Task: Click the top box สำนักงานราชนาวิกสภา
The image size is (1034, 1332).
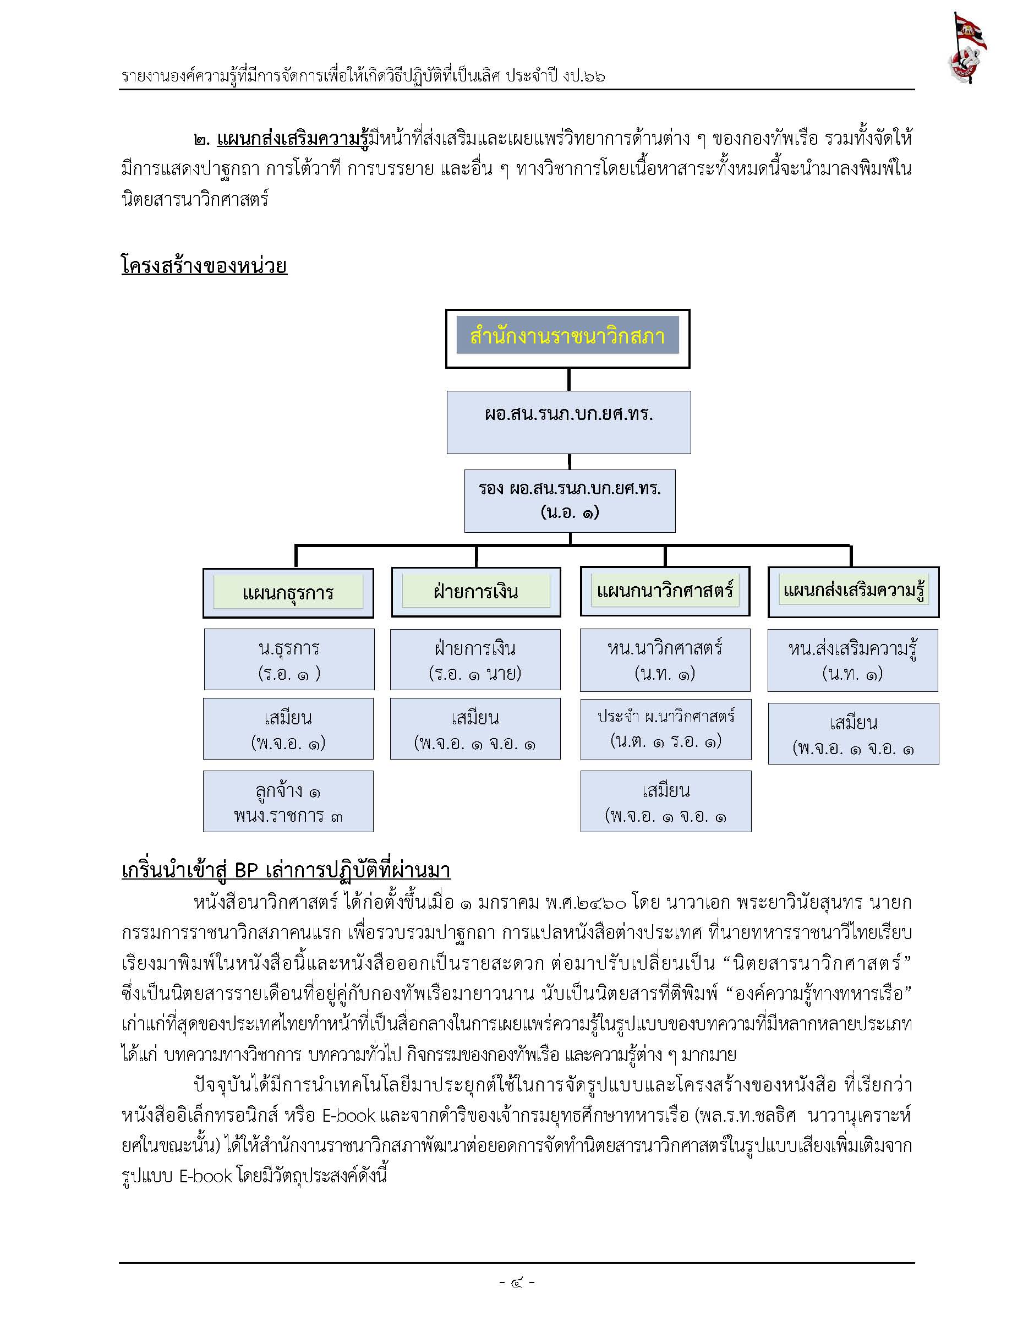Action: coord(567,339)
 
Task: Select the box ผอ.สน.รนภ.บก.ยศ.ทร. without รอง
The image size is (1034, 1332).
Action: coord(569,422)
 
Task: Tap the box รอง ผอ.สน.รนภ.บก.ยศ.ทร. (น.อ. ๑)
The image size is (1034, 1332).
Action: coord(570,501)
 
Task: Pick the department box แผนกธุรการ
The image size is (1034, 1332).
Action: coord(288,593)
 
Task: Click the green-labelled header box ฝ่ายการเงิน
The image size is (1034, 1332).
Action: coord(475,592)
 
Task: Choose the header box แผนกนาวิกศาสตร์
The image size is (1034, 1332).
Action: coord(665,591)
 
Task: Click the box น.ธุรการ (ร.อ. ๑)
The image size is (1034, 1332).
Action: coord(289,659)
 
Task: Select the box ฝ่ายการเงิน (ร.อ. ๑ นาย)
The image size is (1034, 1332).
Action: coord(475,659)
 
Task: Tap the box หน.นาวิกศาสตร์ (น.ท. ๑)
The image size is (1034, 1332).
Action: coord(665,660)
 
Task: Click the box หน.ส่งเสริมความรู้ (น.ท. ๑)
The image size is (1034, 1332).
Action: coord(853,660)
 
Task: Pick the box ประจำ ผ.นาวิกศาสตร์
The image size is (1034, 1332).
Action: coord(666,729)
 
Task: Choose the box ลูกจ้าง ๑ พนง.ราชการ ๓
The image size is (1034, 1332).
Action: coord(288,801)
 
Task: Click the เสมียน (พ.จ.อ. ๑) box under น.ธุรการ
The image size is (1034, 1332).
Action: coord(288,729)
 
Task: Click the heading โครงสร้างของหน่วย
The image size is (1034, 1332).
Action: coord(204,265)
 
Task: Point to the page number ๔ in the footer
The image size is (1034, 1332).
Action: coord(517,1281)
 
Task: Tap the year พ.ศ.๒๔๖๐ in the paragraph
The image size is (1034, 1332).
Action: coord(586,902)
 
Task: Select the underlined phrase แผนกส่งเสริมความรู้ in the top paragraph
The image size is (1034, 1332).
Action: coord(293,139)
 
